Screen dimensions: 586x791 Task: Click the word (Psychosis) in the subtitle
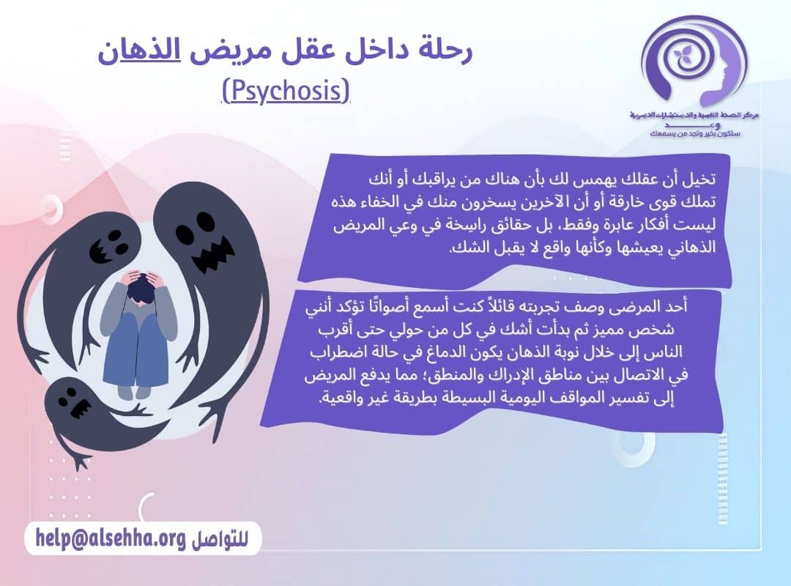pos(286,92)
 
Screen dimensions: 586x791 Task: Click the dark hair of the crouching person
pos(141,290)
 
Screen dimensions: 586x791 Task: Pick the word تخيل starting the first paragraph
pos(702,179)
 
